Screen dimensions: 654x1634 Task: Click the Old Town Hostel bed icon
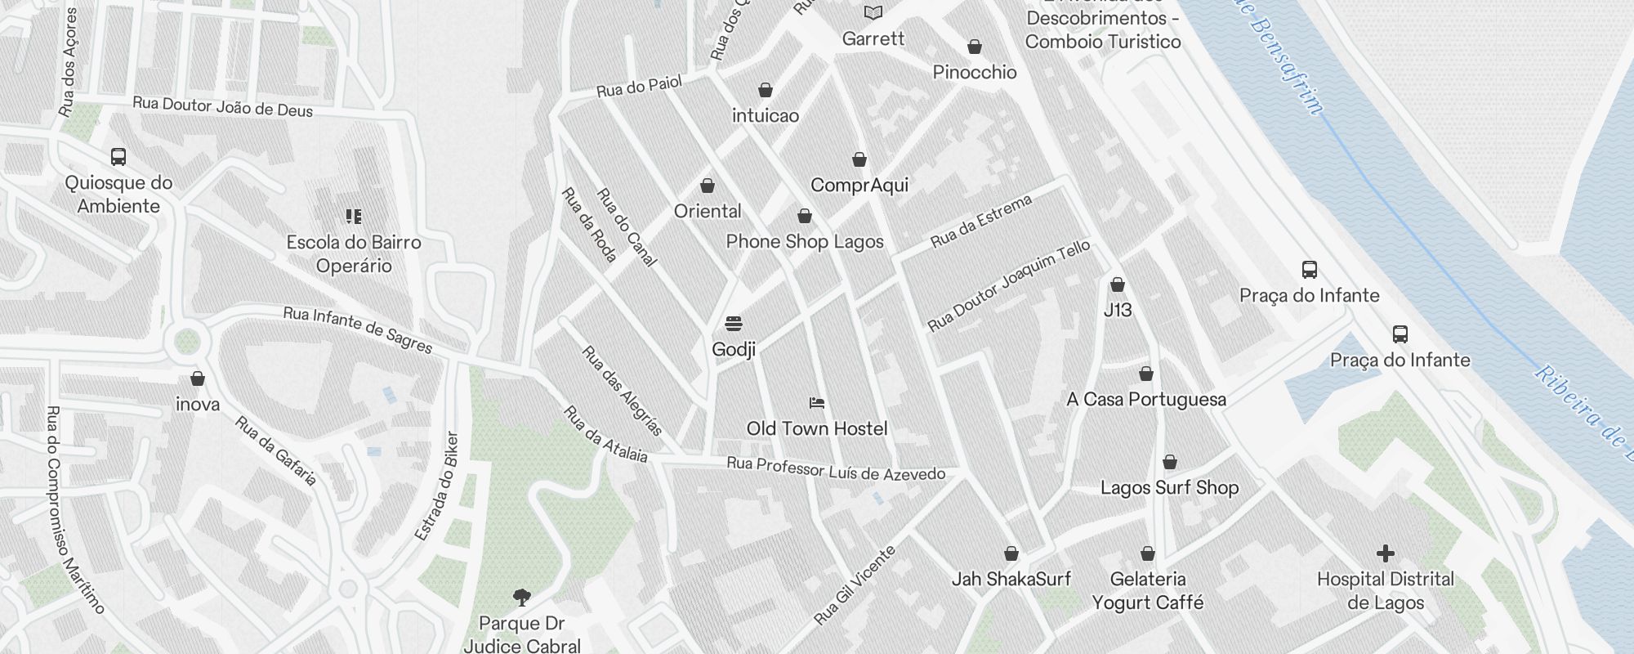click(816, 403)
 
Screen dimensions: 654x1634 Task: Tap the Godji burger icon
click(734, 324)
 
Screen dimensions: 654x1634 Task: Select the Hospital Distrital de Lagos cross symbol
click(1385, 553)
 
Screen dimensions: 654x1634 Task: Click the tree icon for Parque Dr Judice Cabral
click(521, 598)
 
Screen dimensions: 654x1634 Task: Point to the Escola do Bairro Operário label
click(354, 253)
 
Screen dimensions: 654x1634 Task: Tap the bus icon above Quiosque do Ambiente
click(118, 157)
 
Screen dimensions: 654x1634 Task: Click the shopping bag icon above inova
click(197, 379)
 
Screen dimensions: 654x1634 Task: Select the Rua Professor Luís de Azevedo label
click(836, 469)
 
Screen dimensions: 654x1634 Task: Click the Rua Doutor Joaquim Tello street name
click(1008, 286)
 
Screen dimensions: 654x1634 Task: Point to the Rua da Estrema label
click(981, 221)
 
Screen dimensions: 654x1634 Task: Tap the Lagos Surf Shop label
click(1169, 488)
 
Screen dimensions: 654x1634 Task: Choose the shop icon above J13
click(1117, 284)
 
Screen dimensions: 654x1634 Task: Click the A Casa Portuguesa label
click(1145, 399)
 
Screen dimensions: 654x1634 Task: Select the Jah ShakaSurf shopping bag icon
click(1011, 553)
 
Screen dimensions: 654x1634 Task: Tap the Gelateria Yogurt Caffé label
click(1147, 590)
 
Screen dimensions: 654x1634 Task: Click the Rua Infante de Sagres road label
click(357, 329)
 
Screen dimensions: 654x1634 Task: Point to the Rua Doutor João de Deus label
click(222, 107)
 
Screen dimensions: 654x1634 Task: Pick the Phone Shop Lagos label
click(805, 241)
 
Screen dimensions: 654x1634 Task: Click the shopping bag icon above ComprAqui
click(859, 159)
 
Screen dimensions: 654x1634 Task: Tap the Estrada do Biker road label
click(436, 486)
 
